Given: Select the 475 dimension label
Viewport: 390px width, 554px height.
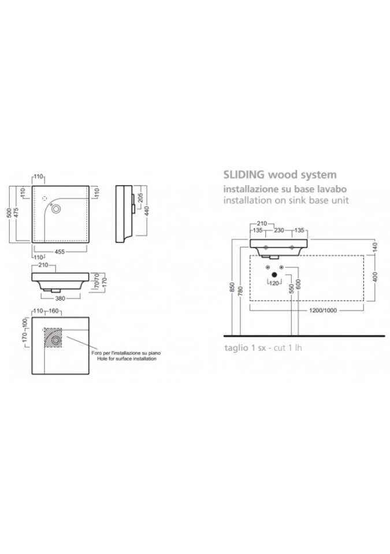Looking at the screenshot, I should click(x=17, y=213).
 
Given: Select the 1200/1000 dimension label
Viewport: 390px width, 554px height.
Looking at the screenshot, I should click(x=307, y=310).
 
